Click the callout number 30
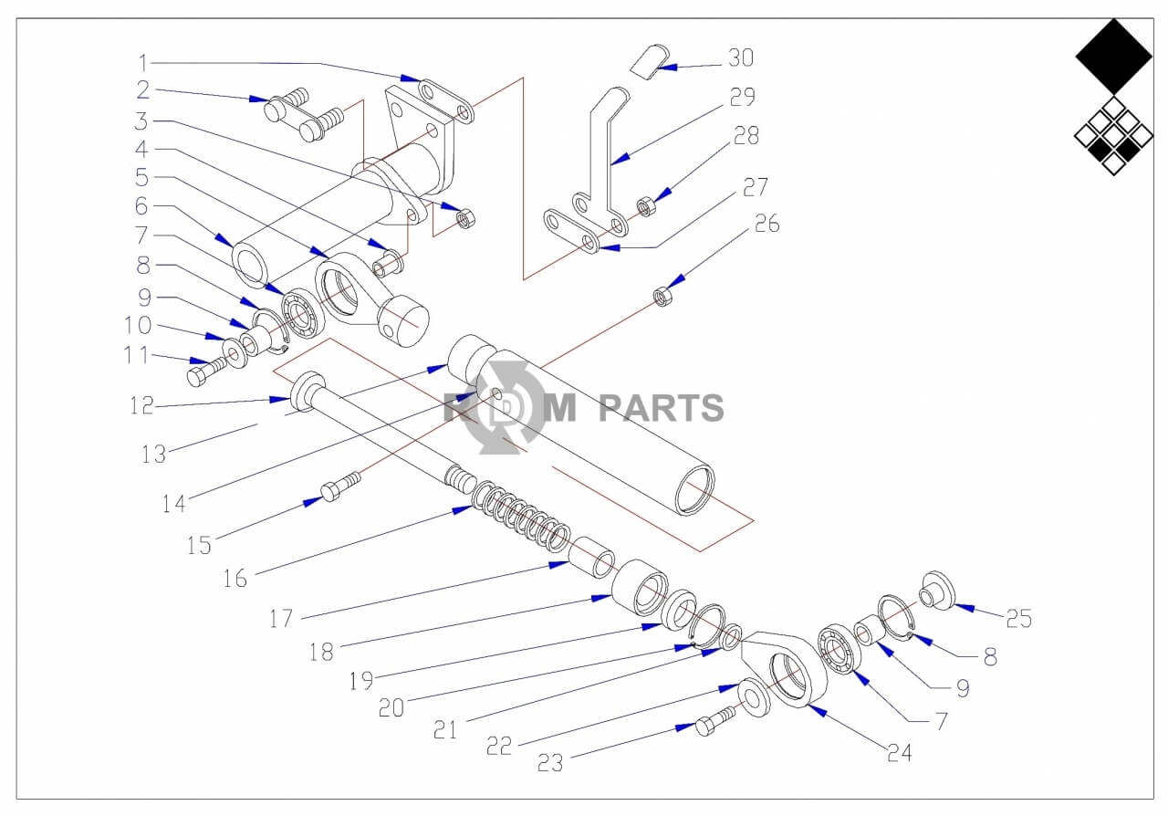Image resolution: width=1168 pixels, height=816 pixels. (x=740, y=58)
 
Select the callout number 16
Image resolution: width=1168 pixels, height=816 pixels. (x=235, y=579)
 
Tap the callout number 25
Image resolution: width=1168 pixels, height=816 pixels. (x=1018, y=619)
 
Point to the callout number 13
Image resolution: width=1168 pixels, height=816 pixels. (x=153, y=454)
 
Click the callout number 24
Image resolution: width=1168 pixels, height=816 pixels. (x=898, y=752)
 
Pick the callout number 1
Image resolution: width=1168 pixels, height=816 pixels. (x=142, y=63)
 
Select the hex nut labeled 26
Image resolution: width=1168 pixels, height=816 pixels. (x=662, y=296)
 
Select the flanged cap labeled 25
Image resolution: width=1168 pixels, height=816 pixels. (x=935, y=589)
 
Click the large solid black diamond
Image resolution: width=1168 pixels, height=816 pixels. (x=1113, y=57)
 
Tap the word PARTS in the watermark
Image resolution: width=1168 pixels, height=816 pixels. (x=661, y=408)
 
